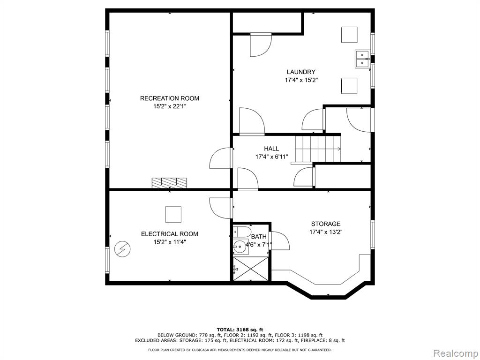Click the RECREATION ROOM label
[170, 98]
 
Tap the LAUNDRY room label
[301, 72]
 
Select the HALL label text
[271, 149]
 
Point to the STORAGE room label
[326, 224]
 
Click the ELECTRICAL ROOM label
[170, 234]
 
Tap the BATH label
[259, 236]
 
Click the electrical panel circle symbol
[122, 249]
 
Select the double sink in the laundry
[362, 59]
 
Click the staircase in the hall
[318, 149]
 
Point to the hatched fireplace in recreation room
[169, 183]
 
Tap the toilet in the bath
[242, 232]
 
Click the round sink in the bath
[240, 246]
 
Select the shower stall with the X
[251, 269]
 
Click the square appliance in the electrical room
[173, 214]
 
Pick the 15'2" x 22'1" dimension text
[170, 106]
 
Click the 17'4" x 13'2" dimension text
[326, 232]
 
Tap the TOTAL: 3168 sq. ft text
[240, 330]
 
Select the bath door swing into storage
[279, 240]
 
